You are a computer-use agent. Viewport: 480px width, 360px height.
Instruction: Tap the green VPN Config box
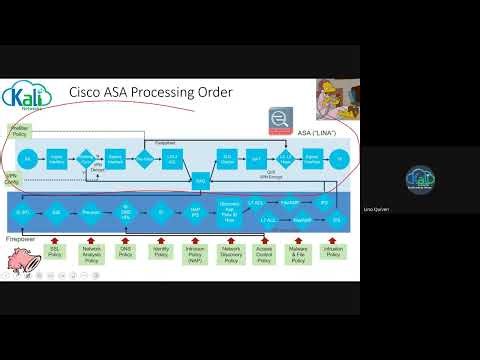[13, 182]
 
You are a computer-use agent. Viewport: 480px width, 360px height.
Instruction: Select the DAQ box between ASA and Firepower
[199, 181]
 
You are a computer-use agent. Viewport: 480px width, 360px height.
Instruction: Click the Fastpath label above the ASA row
[165, 143]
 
